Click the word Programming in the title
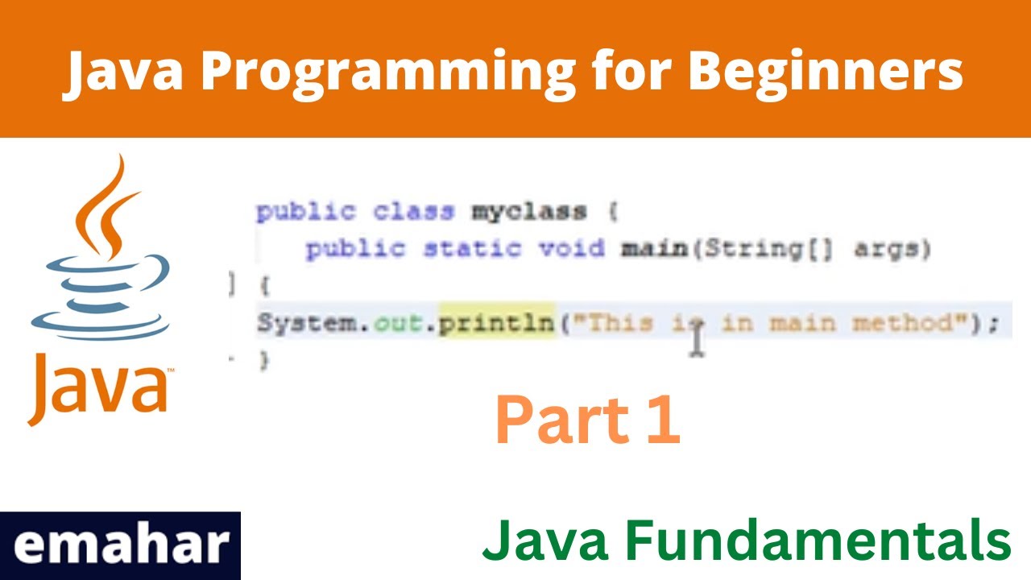point(387,71)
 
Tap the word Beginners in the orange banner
point(825,71)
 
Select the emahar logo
point(120,545)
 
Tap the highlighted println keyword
point(497,324)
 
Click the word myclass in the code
point(528,213)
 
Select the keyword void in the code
point(571,249)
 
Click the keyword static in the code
point(472,249)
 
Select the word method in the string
point(903,324)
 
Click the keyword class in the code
point(412,213)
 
